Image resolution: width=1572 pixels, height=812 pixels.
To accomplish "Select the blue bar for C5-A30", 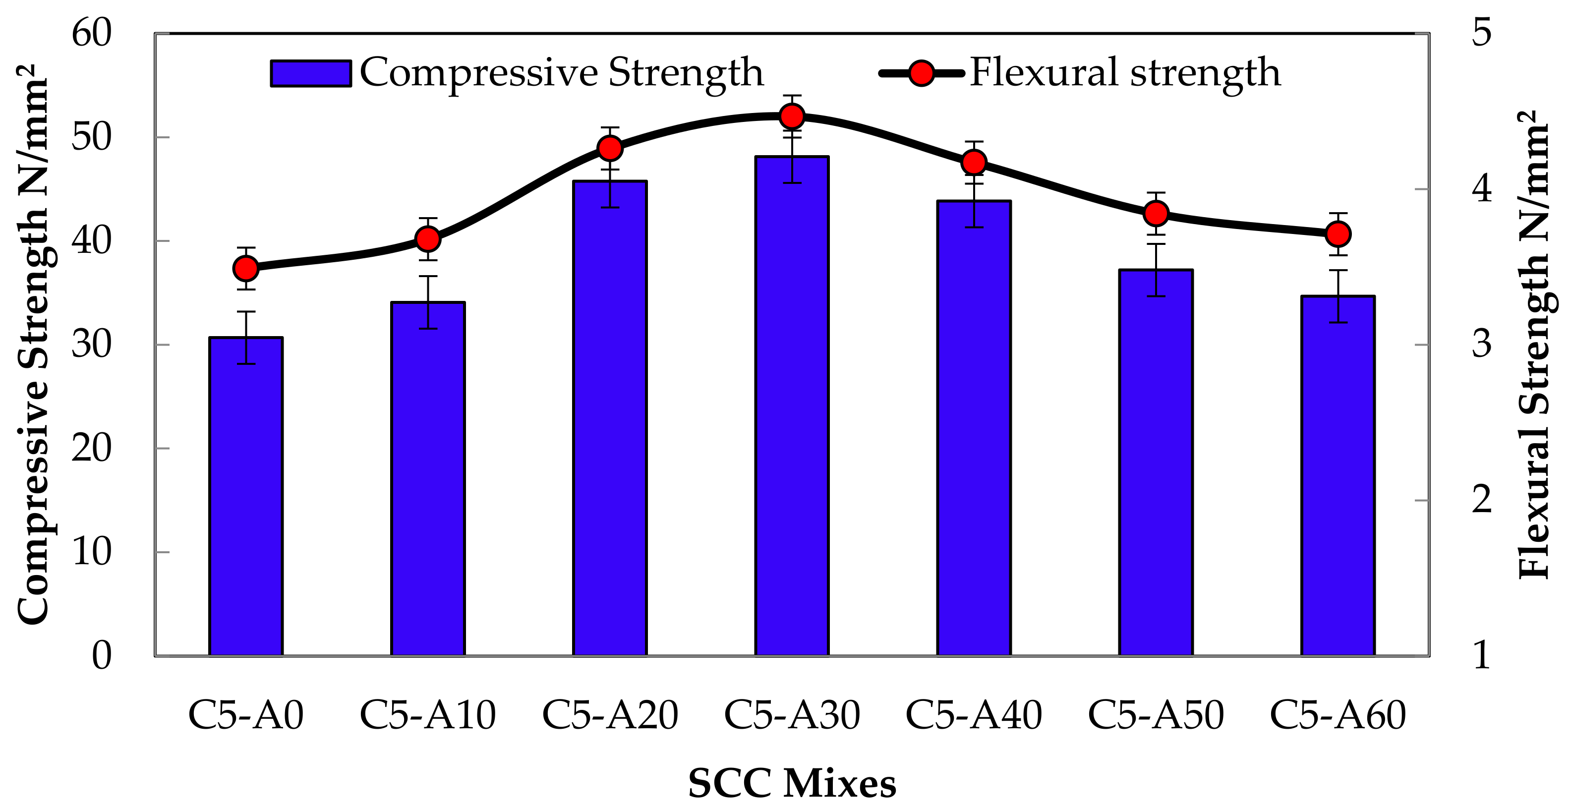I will click(x=792, y=415).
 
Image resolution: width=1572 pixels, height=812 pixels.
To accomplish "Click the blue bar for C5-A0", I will click(x=246, y=500).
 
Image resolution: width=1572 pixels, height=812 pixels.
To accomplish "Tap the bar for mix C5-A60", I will click(x=1338, y=482).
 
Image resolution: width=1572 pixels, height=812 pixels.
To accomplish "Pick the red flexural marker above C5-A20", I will click(x=610, y=148).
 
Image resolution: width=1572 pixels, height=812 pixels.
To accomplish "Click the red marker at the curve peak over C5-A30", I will click(x=792, y=116).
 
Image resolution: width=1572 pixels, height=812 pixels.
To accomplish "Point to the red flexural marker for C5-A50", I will click(x=1156, y=214).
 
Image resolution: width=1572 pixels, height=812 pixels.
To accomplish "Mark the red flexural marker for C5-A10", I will click(x=428, y=239).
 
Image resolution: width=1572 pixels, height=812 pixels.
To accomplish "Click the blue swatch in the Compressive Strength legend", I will click(x=311, y=74).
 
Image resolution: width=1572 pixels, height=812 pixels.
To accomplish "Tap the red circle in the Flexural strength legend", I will click(x=921, y=73).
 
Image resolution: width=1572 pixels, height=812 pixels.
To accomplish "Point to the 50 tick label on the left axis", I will click(x=92, y=137).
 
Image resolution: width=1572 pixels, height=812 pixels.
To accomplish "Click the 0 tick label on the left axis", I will click(x=101, y=656).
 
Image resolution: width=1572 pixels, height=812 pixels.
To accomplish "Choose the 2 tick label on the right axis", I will click(x=1482, y=500).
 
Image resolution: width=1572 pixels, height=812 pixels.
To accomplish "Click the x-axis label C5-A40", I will click(x=973, y=715).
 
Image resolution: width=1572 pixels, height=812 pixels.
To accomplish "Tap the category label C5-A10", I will click(x=427, y=715).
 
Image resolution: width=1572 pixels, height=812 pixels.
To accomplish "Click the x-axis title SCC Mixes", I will click(x=792, y=783).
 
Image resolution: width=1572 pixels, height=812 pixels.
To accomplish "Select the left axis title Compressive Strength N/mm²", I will click(x=32, y=345).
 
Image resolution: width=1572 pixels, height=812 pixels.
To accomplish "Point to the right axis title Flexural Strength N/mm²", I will click(x=1533, y=345).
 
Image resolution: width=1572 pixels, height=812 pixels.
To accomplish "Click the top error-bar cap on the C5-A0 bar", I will click(x=246, y=312).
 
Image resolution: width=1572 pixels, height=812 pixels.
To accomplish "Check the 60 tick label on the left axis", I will click(x=92, y=33).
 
